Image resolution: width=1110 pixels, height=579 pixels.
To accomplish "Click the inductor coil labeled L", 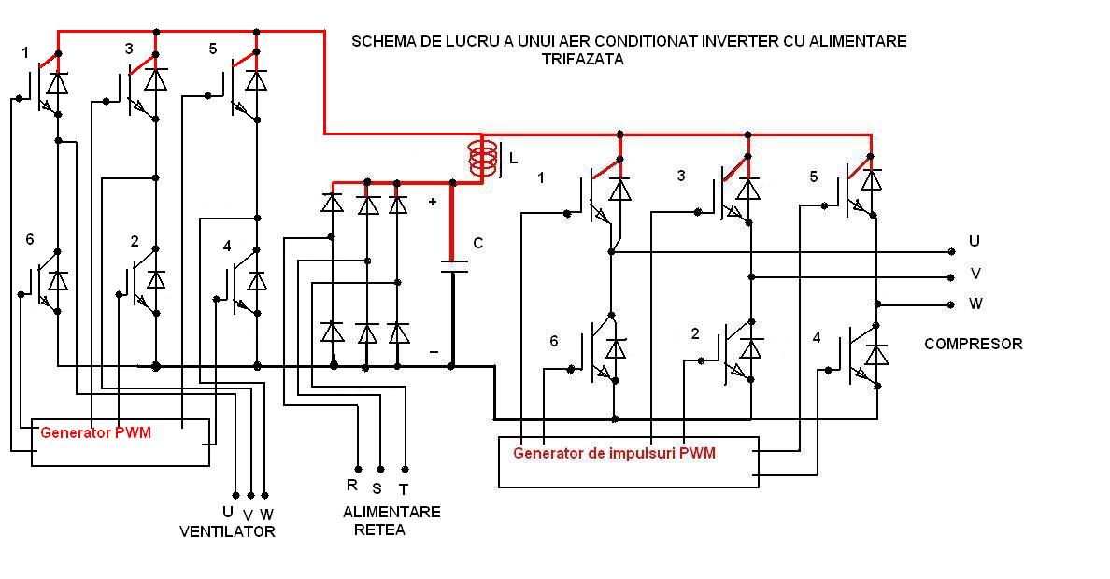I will coord(483,160).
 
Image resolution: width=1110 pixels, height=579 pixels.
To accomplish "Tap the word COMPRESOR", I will coord(973,344).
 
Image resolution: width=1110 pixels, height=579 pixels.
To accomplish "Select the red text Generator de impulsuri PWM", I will coord(614,454).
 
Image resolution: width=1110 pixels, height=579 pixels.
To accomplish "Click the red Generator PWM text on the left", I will coord(95,432).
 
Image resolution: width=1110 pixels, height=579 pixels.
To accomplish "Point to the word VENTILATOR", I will coord(227,531).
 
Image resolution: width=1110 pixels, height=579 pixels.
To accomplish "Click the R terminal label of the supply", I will coord(352,485).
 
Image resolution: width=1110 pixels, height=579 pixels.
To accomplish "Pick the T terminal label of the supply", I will coord(404,488).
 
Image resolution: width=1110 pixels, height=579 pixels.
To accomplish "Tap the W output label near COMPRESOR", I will coord(975,304).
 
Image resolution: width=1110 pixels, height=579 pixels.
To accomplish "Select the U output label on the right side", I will coord(975,241).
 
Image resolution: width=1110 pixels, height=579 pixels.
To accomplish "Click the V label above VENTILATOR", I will coord(248,515).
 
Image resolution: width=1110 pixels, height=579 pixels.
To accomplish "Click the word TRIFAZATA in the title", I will coord(582,59).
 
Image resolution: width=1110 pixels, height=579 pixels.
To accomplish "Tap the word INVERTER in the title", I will coord(684,41).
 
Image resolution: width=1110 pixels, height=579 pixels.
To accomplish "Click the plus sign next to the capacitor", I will coord(432,201).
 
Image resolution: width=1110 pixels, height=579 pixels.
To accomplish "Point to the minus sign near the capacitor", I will coord(433,352).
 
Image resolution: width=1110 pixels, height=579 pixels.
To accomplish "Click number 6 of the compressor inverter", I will coord(553,341).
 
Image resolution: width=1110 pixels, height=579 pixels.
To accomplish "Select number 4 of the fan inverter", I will coord(227,247).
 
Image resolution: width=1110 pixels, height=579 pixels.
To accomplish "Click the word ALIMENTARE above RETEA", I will coord(391,512).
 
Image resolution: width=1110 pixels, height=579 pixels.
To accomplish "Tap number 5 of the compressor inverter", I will coord(813,177).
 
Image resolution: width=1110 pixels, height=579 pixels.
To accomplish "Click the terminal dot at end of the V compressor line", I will coord(951,276).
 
